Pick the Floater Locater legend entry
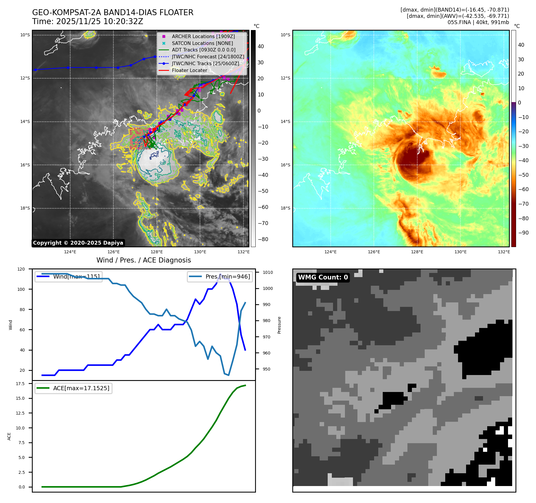click(x=189, y=70)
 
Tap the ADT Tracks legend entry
click(x=204, y=50)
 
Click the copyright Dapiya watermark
click(x=78, y=243)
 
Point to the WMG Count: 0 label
click(x=323, y=277)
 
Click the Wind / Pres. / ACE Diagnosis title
click(x=143, y=260)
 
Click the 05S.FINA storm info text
click(x=478, y=22)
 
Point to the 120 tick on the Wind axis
click(x=21, y=269)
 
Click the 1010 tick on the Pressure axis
click(x=268, y=272)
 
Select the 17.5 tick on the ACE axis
click(x=20, y=384)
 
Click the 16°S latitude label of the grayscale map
click(x=25, y=165)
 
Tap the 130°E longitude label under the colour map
click(x=460, y=252)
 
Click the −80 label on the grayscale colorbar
click(x=263, y=239)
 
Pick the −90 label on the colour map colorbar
click(x=523, y=233)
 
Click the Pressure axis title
click(x=279, y=325)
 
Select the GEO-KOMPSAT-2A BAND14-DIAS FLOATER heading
click(x=112, y=13)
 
